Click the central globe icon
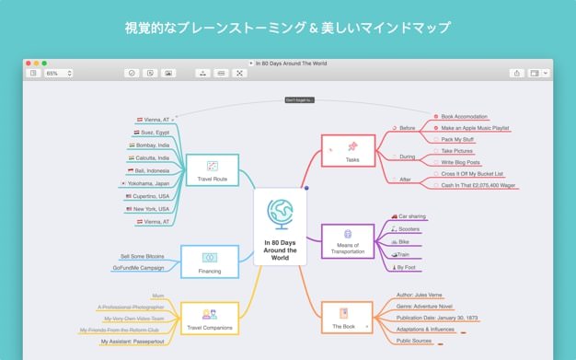[x=279, y=214]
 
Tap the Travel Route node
[x=213, y=170]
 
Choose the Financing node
[x=209, y=261]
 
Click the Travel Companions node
[x=209, y=318]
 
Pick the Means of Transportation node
[x=348, y=239]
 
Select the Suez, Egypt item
[x=153, y=133]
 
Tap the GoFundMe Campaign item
[x=139, y=268]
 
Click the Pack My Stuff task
[x=457, y=139]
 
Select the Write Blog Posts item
[x=460, y=162]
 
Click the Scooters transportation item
[x=409, y=228]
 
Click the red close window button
[x=31, y=63]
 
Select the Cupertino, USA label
[x=151, y=196]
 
